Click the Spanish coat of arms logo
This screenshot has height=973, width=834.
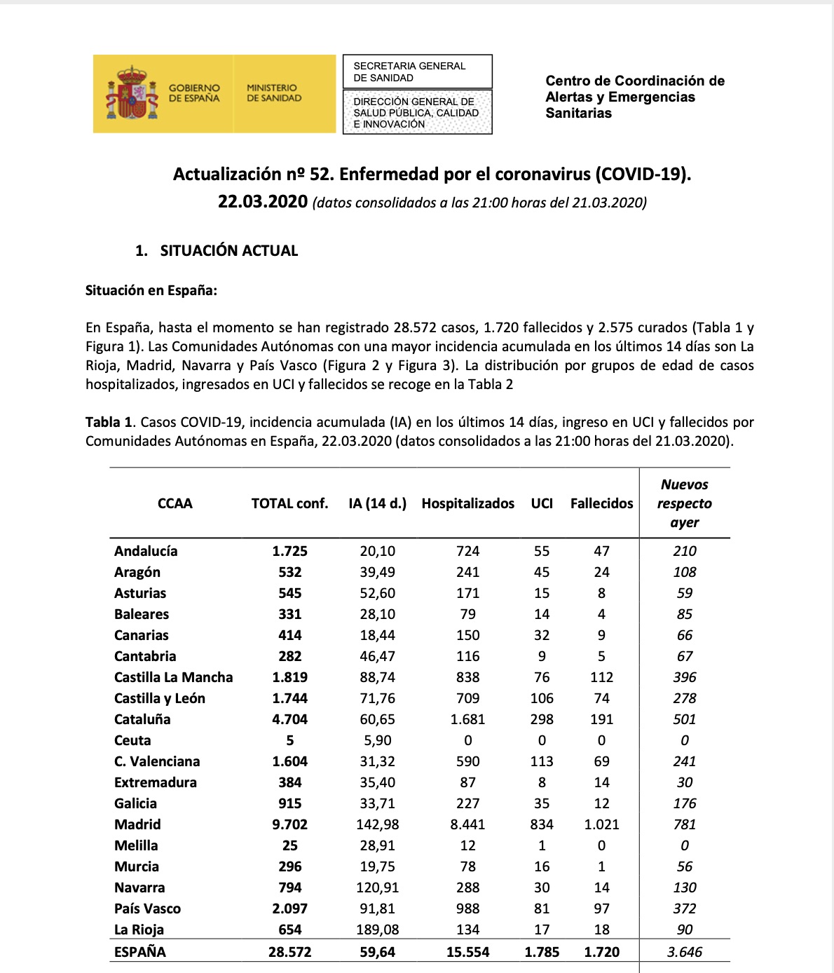[x=130, y=94]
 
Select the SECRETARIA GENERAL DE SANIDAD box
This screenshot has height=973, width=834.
[x=417, y=72]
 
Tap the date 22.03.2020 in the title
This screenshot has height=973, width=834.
[x=263, y=202]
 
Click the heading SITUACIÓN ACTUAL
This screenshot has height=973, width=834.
[x=228, y=250]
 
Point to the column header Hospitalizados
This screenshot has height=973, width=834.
[x=467, y=503]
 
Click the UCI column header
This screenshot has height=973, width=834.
[x=542, y=503]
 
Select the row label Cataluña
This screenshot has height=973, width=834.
[x=142, y=719]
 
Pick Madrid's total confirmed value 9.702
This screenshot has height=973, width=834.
[x=289, y=824]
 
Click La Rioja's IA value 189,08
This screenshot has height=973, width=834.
[x=377, y=930]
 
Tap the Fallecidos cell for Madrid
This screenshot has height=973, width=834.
[x=601, y=824]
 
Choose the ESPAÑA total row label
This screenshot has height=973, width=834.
[x=140, y=952]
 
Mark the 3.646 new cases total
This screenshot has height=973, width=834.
[x=685, y=952]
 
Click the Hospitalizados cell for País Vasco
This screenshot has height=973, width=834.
[x=467, y=909]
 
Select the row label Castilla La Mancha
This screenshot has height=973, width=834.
[x=173, y=677]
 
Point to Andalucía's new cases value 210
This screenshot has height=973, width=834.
[x=685, y=551]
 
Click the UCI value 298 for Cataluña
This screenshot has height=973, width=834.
[x=542, y=719]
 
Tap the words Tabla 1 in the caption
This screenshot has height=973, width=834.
[x=109, y=422]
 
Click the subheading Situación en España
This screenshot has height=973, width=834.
[x=151, y=290]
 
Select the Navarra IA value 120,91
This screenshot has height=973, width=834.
[x=377, y=887]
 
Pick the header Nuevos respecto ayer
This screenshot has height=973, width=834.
[x=685, y=503]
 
